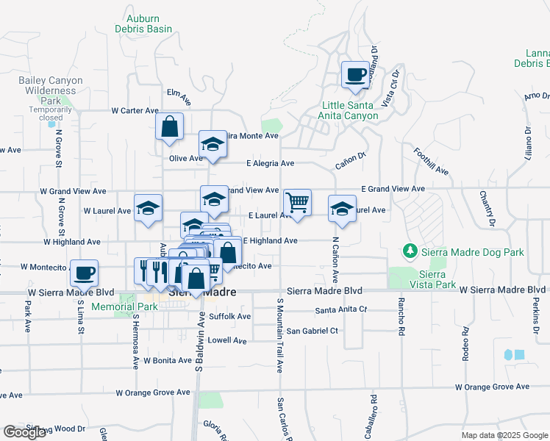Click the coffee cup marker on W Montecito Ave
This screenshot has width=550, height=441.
pyautogui.click(x=85, y=273)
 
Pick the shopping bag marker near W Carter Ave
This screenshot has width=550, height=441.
pyautogui.click(x=170, y=126)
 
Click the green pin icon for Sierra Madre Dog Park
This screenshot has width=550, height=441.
pyautogui.click(x=410, y=252)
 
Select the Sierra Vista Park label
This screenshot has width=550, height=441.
pyautogui.click(x=433, y=279)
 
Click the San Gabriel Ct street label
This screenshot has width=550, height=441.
pyautogui.click(x=312, y=331)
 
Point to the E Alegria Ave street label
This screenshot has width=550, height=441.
pyautogui.click(x=270, y=163)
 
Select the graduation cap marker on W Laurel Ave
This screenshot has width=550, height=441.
pyautogui.click(x=147, y=208)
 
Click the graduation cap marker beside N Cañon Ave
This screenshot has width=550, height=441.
pyautogui.click(x=342, y=209)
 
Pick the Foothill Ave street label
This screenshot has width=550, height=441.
pyautogui.click(x=431, y=161)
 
